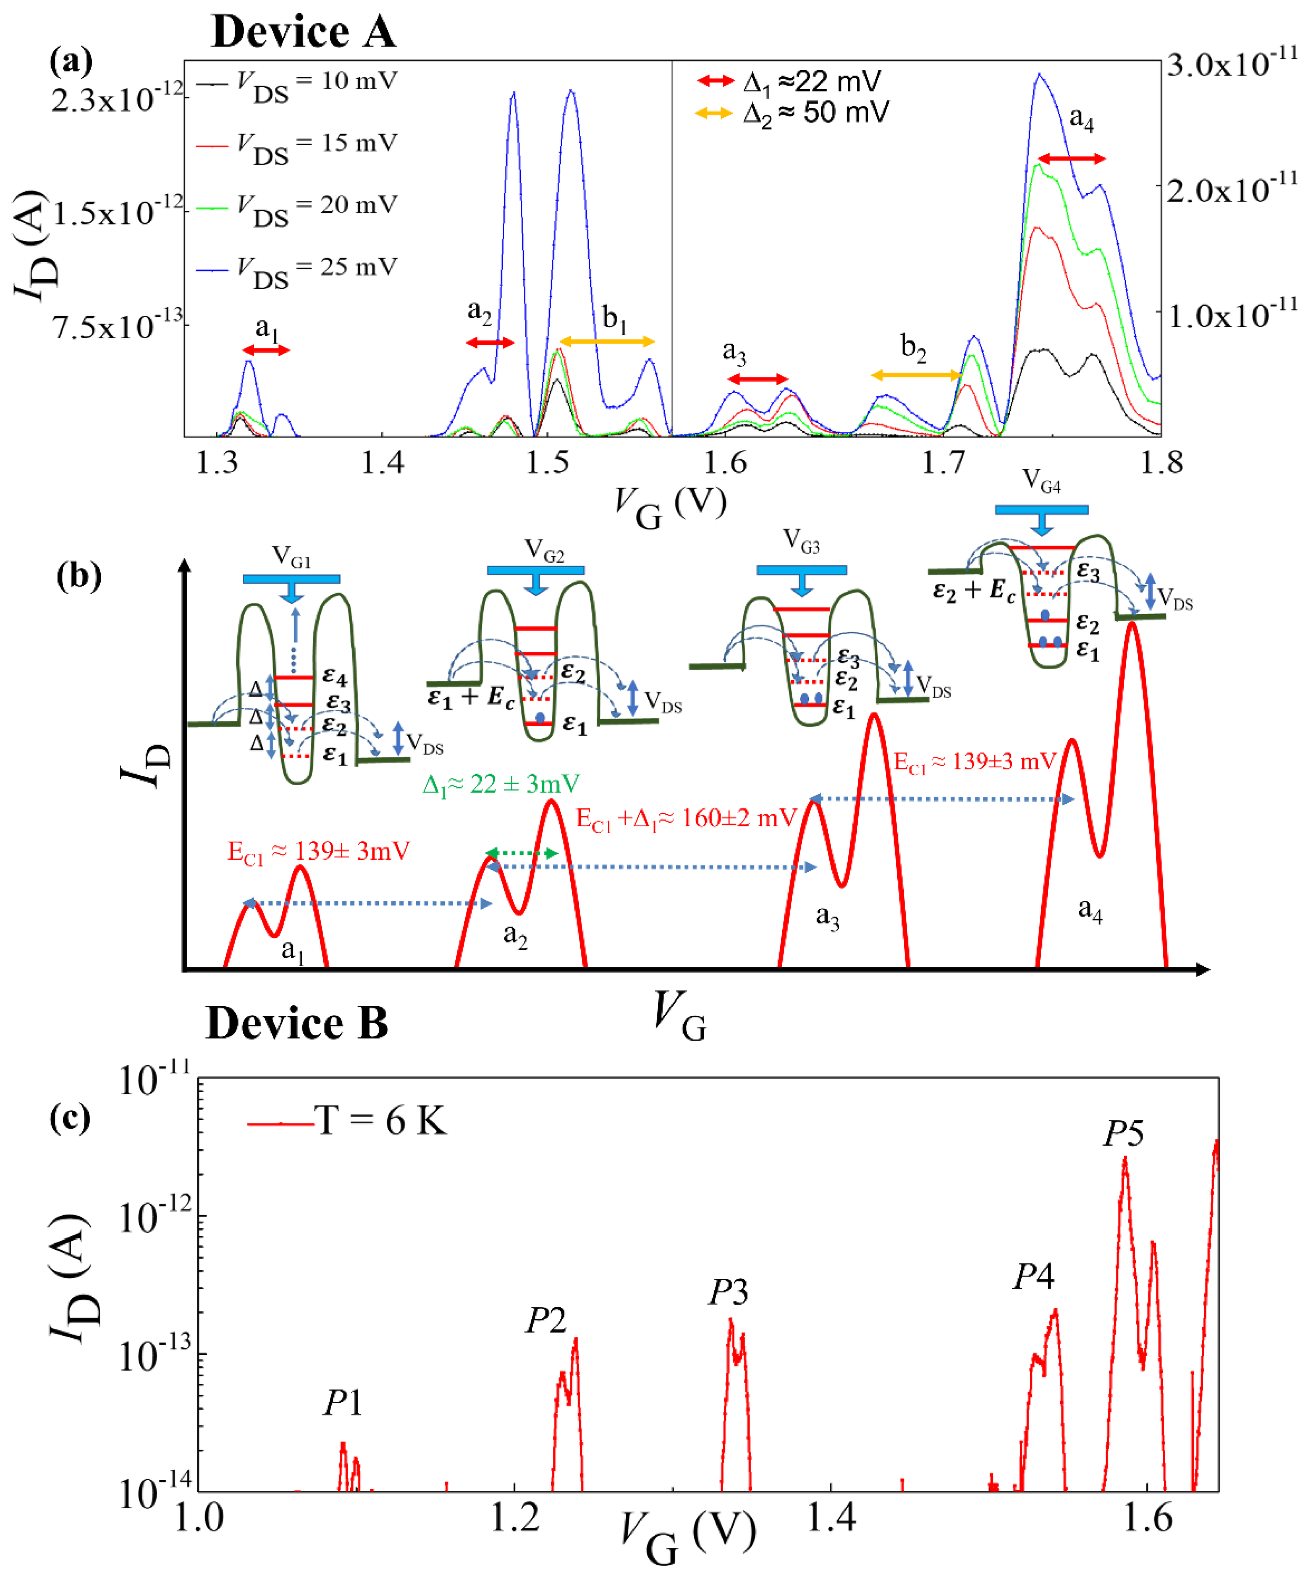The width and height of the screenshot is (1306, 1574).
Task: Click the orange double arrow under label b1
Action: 607,342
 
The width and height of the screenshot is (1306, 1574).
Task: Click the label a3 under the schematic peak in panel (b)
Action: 827,917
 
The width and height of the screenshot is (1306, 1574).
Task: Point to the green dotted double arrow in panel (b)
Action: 522,853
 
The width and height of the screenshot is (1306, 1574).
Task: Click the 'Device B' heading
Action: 297,1023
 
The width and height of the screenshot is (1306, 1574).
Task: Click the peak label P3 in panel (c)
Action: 728,1292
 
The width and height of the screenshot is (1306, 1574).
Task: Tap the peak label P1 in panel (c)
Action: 343,1402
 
